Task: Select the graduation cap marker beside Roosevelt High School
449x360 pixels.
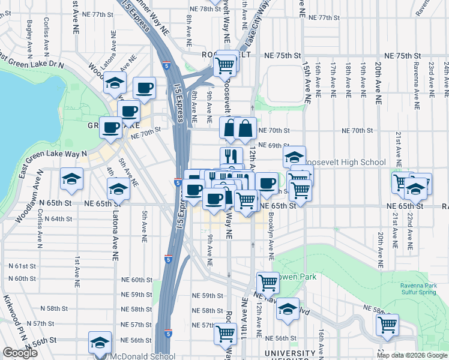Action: tap(294, 158)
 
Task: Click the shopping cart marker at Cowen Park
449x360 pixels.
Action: tap(268, 283)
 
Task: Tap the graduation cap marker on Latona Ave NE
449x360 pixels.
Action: tap(119, 190)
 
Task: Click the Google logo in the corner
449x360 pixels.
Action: tap(20, 353)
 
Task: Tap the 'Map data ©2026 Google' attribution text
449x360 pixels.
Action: tap(412, 355)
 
